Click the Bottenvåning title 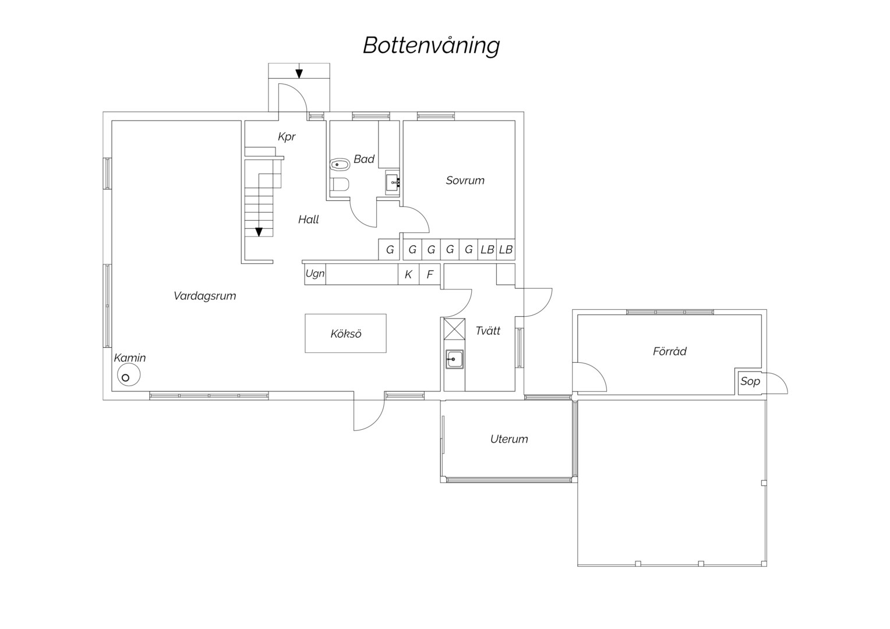[x=431, y=46]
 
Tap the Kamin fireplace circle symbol [x=129, y=375]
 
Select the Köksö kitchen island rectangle [x=345, y=333]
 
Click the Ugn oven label [x=315, y=273]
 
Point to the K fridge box [x=408, y=274]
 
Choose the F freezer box [x=429, y=274]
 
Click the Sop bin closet [x=750, y=381]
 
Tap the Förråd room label [x=669, y=351]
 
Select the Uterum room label [x=509, y=439]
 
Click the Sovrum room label [x=465, y=181]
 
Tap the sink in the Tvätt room [x=454, y=359]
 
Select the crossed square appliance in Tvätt [x=454, y=329]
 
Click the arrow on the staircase [x=259, y=232]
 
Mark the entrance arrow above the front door [x=299, y=73]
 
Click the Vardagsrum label [x=204, y=296]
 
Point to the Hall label [x=308, y=220]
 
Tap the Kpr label [x=287, y=137]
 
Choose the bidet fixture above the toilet [x=340, y=164]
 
